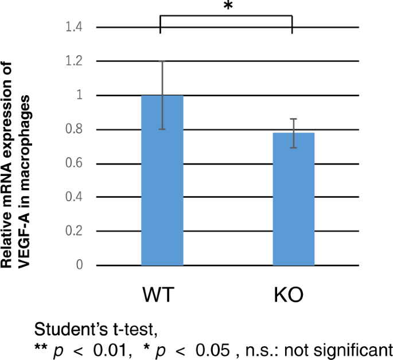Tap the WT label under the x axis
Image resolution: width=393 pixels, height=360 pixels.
coord(159,296)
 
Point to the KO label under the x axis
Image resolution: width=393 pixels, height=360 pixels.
coord(287,296)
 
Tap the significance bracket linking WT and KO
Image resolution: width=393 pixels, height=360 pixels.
coord(226,17)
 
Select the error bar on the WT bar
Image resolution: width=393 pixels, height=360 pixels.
coord(162,95)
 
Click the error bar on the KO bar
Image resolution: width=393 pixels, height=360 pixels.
coord(293,133)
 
